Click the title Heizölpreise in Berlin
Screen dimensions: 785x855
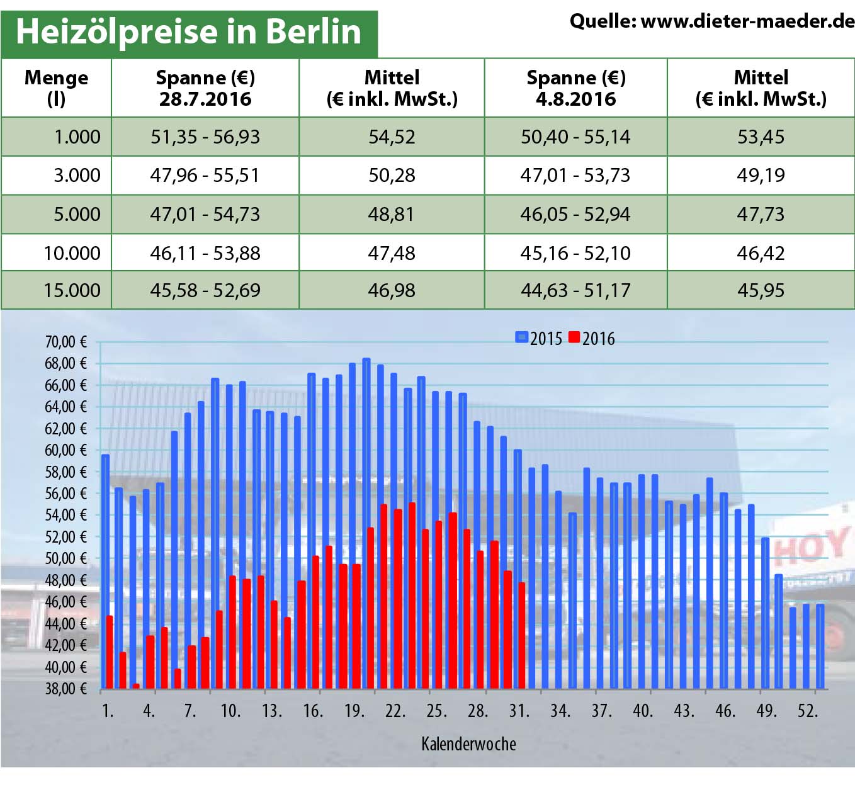pyautogui.click(x=188, y=31)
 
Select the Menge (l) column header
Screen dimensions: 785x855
pyautogui.click(x=56, y=88)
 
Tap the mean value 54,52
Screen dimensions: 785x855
pyautogui.click(x=392, y=137)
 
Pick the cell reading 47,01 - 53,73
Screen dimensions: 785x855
pyautogui.click(x=575, y=175)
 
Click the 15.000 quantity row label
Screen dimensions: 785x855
pyautogui.click(x=72, y=290)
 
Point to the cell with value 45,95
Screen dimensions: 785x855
pyautogui.click(x=761, y=290)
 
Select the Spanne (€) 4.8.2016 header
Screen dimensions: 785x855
pyautogui.click(x=575, y=88)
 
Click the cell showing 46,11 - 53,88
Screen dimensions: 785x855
pyautogui.click(x=205, y=253)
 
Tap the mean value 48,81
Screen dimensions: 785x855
pyautogui.click(x=392, y=214)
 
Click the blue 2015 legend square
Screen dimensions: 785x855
pyautogui.click(x=521, y=337)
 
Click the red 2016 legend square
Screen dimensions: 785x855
pyautogui.click(x=574, y=337)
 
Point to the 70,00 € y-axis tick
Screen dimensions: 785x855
pyautogui.click(x=65, y=342)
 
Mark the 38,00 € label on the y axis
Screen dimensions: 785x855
pyautogui.click(x=65, y=689)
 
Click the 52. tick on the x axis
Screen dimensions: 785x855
pyautogui.click(x=807, y=711)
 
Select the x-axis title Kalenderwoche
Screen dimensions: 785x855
pyautogui.click(x=468, y=744)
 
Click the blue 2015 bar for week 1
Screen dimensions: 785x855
pyautogui.click(x=105, y=567)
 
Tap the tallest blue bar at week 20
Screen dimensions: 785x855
pyautogui.click(x=366, y=522)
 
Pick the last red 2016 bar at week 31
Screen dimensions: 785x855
pyautogui.click(x=521, y=636)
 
